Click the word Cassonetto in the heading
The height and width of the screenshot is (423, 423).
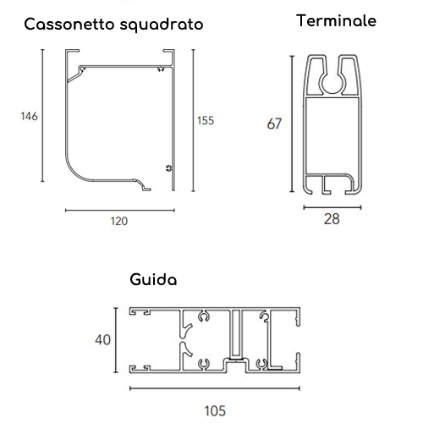point(69,25)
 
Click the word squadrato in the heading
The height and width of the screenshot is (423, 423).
point(162,25)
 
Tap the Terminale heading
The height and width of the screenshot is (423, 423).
point(336,20)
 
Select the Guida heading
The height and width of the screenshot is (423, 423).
point(153,279)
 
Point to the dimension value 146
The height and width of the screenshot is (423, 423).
point(29,116)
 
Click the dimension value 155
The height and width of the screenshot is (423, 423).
point(206,121)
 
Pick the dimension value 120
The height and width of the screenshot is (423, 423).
point(119,221)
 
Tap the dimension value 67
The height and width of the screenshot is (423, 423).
point(274,124)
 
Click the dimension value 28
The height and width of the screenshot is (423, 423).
point(332,219)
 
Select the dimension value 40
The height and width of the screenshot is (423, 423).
point(103,340)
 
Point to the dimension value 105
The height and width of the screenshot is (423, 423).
point(215,411)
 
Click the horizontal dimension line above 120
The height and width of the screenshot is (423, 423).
point(120,210)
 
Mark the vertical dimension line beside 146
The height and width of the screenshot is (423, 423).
point(42,115)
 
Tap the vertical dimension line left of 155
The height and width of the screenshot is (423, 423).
point(193,120)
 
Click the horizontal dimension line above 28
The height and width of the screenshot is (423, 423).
point(332,207)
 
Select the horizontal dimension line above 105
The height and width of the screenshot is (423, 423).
point(215,388)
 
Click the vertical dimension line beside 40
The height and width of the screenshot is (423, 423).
point(115,340)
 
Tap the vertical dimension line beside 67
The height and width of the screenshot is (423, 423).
point(292,124)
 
